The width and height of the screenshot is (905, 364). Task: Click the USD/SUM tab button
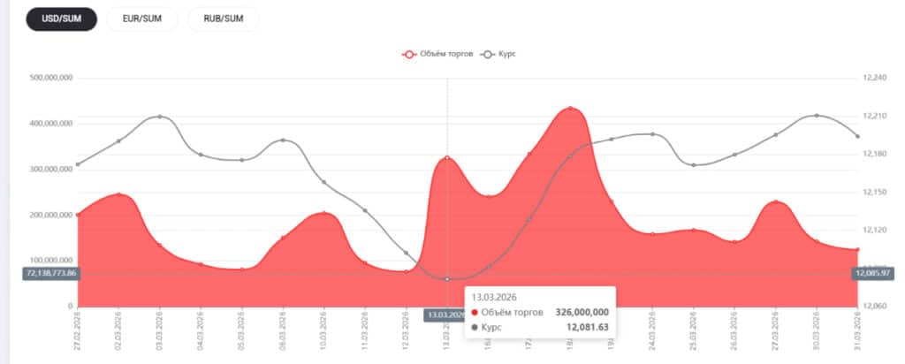pyautogui.click(x=61, y=19)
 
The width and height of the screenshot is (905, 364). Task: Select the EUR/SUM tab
pyautogui.click(x=141, y=19)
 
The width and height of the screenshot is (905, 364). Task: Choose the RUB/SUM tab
pyautogui.click(x=223, y=19)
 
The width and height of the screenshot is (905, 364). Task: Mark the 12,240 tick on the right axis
pyautogui.click(x=872, y=78)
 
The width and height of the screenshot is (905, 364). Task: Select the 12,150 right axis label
pyautogui.click(x=872, y=192)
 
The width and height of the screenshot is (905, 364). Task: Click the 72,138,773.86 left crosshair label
pyautogui.click(x=52, y=273)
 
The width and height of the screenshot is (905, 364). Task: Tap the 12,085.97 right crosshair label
pyautogui.click(x=873, y=273)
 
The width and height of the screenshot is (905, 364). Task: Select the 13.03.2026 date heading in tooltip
pyautogui.click(x=494, y=296)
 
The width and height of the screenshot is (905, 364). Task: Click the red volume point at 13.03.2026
pyautogui.click(x=447, y=158)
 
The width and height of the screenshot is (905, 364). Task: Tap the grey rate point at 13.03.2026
pyautogui.click(x=447, y=279)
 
